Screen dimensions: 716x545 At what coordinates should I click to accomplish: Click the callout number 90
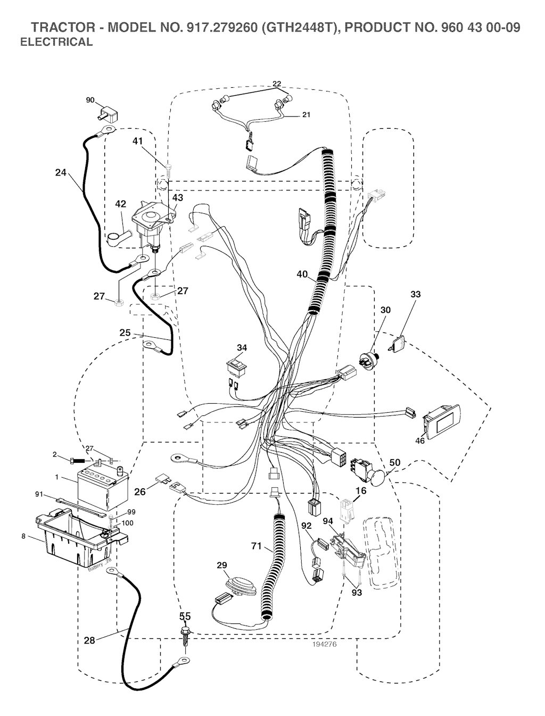coord(90,100)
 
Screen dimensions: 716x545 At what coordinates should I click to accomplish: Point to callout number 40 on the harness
coord(302,274)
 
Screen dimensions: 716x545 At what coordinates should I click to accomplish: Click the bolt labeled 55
coord(185,635)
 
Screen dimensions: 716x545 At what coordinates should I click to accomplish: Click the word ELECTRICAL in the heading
coord(56,42)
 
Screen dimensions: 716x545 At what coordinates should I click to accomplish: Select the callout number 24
coord(61,172)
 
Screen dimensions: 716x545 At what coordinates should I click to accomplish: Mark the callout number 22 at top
coord(277,84)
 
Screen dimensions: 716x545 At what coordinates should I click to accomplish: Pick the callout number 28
coord(89,640)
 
